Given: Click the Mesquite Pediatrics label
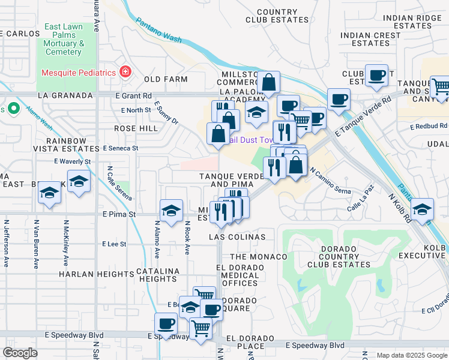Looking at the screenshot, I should coord(78,73).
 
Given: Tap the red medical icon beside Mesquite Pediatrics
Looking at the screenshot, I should coord(125,73).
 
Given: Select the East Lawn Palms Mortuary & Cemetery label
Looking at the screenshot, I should coord(64,40).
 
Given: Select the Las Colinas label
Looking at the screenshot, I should coord(237,237).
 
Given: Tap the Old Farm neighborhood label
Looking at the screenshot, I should coord(161,79).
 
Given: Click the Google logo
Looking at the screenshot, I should coord(20,353).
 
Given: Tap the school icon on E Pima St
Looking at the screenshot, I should coord(172,211).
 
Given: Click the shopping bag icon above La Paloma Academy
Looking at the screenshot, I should coord(270,82).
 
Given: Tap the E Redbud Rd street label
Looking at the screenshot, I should coord(429,127).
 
